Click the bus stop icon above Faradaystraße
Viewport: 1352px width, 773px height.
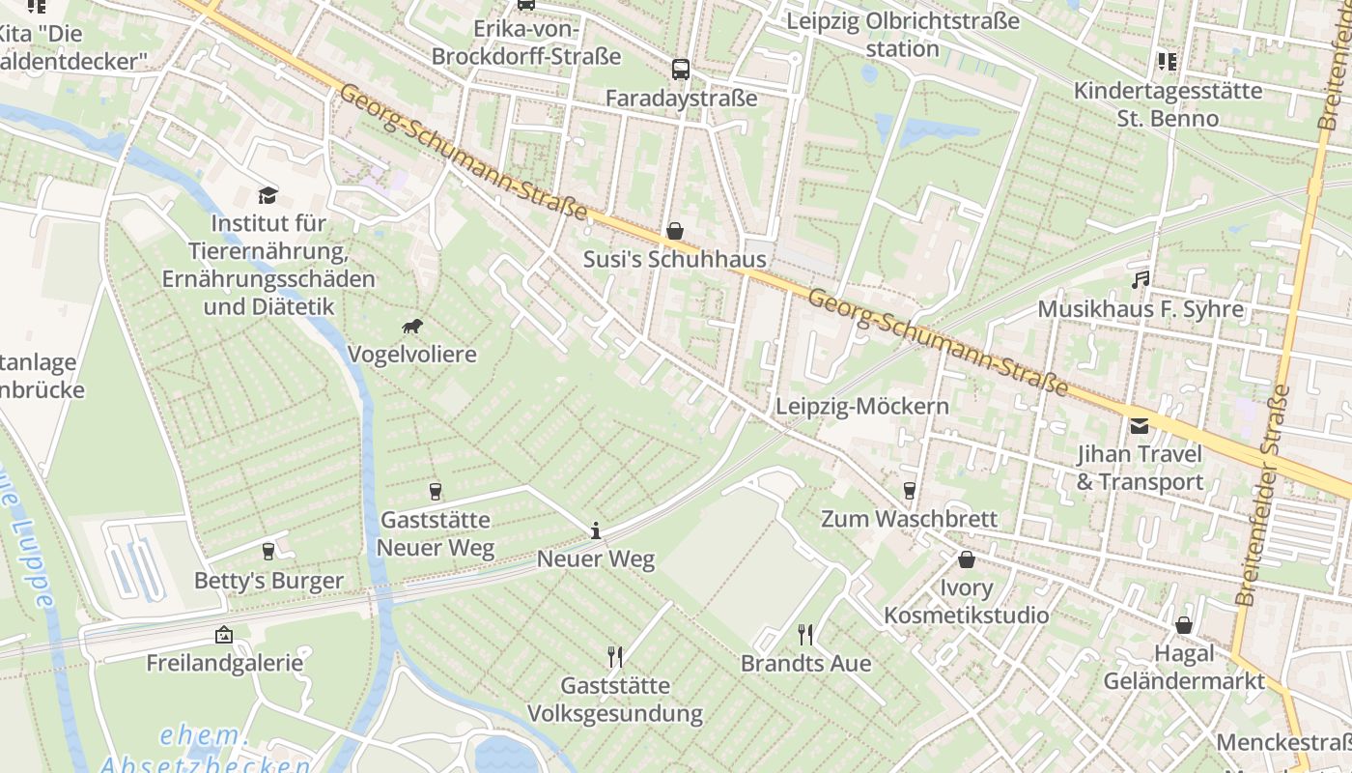click(681, 69)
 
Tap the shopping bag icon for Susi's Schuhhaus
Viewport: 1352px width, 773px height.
click(675, 231)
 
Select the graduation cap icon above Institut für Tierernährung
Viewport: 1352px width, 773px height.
click(268, 195)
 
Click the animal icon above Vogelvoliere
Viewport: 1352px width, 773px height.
click(412, 327)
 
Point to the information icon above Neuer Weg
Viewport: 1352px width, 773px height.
click(596, 530)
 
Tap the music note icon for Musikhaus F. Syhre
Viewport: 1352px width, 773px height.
click(1141, 280)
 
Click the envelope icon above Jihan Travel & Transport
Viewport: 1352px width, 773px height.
click(1140, 425)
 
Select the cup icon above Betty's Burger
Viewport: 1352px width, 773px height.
click(268, 552)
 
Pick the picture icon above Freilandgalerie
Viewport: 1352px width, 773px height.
click(224, 635)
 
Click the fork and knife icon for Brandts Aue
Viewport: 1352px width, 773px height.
click(805, 635)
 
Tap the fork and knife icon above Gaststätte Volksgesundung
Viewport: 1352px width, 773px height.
click(615, 657)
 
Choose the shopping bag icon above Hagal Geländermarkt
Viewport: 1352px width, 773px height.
click(1184, 625)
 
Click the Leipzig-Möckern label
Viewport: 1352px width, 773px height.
click(862, 406)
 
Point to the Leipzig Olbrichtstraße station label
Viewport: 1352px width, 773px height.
click(903, 35)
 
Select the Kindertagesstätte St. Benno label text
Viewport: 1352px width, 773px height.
click(1169, 104)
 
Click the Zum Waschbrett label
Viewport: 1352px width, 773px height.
click(909, 519)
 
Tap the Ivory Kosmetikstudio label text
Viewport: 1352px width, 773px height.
click(966, 601)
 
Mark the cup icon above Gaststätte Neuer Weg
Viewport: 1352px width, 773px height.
click(435, 492)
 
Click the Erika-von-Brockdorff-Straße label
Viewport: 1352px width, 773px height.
click(526, 43)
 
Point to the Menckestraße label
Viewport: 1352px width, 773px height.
click(1283, 742)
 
